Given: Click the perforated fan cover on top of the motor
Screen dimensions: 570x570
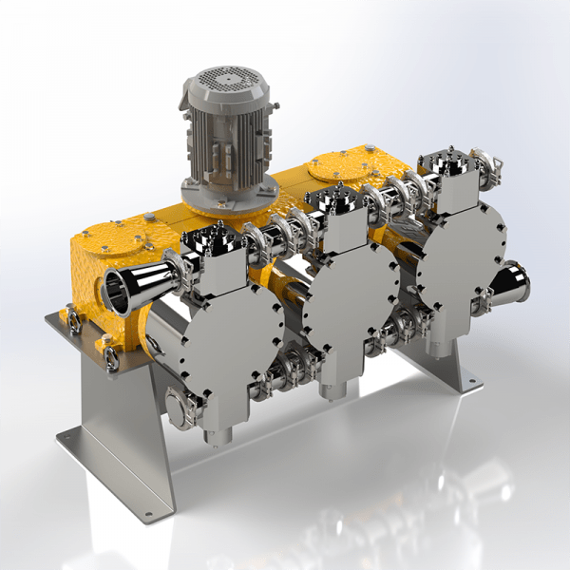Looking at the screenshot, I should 224,80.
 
